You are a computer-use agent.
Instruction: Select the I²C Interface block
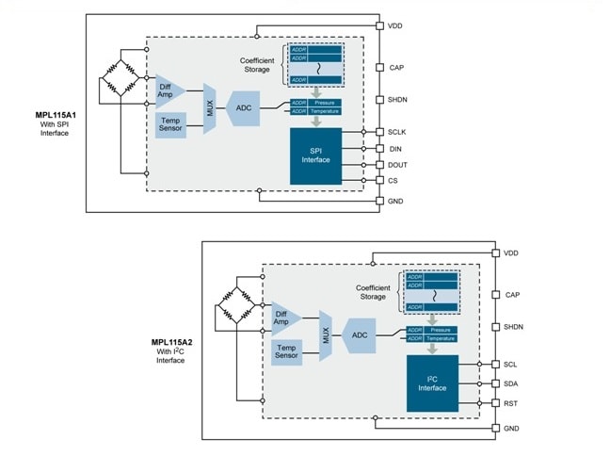click(x=432, y=383)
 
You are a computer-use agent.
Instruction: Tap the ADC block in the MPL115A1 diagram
click(x=243, y=108)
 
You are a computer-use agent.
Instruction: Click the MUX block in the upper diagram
click(x=208, y=108)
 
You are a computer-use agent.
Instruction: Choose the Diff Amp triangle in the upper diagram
click(x=168, y=91)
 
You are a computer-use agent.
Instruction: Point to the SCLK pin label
click(x=397, y=132)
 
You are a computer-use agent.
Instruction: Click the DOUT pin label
click(x=397, y=164)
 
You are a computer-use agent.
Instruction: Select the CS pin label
click(x=393, y=180)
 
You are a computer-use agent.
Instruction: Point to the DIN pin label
click(x=394, y=148)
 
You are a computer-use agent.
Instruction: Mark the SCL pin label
click(x=511, y=364)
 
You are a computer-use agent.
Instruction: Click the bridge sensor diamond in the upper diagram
click(x=120, y=77)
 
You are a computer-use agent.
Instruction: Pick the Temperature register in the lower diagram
click(x=439, y=338)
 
